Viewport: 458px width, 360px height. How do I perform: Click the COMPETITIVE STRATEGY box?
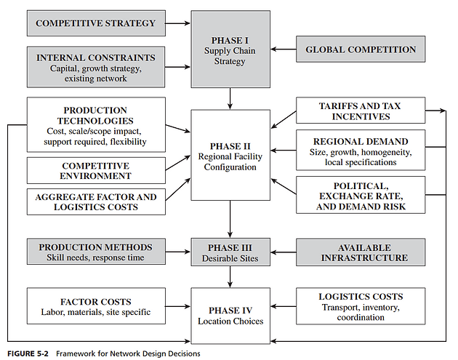[x=96, y=23]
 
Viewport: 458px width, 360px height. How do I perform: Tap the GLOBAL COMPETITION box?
[x=361, y=49]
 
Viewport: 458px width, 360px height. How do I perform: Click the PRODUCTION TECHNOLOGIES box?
[x=96, y=124]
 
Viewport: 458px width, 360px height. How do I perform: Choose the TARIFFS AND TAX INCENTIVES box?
[x=360, y=111]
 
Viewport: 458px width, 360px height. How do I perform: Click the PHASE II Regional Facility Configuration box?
[x=230, y=155]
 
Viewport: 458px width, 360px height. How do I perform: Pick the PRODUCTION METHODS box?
[x=96, y=252]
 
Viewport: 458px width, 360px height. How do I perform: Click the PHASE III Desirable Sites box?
[x=230, y=252]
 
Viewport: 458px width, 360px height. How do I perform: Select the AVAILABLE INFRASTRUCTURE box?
[x=360, y=252]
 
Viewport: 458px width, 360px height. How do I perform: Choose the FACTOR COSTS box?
[x=96, y=306]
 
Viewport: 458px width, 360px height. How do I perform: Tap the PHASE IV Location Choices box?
[x=230, y=315]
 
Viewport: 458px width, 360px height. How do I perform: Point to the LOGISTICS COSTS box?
[x=360, y=306]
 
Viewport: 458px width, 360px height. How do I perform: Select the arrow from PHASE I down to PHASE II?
[x=230, y=97]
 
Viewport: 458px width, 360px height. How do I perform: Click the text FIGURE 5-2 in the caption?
[x=25, y=353]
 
